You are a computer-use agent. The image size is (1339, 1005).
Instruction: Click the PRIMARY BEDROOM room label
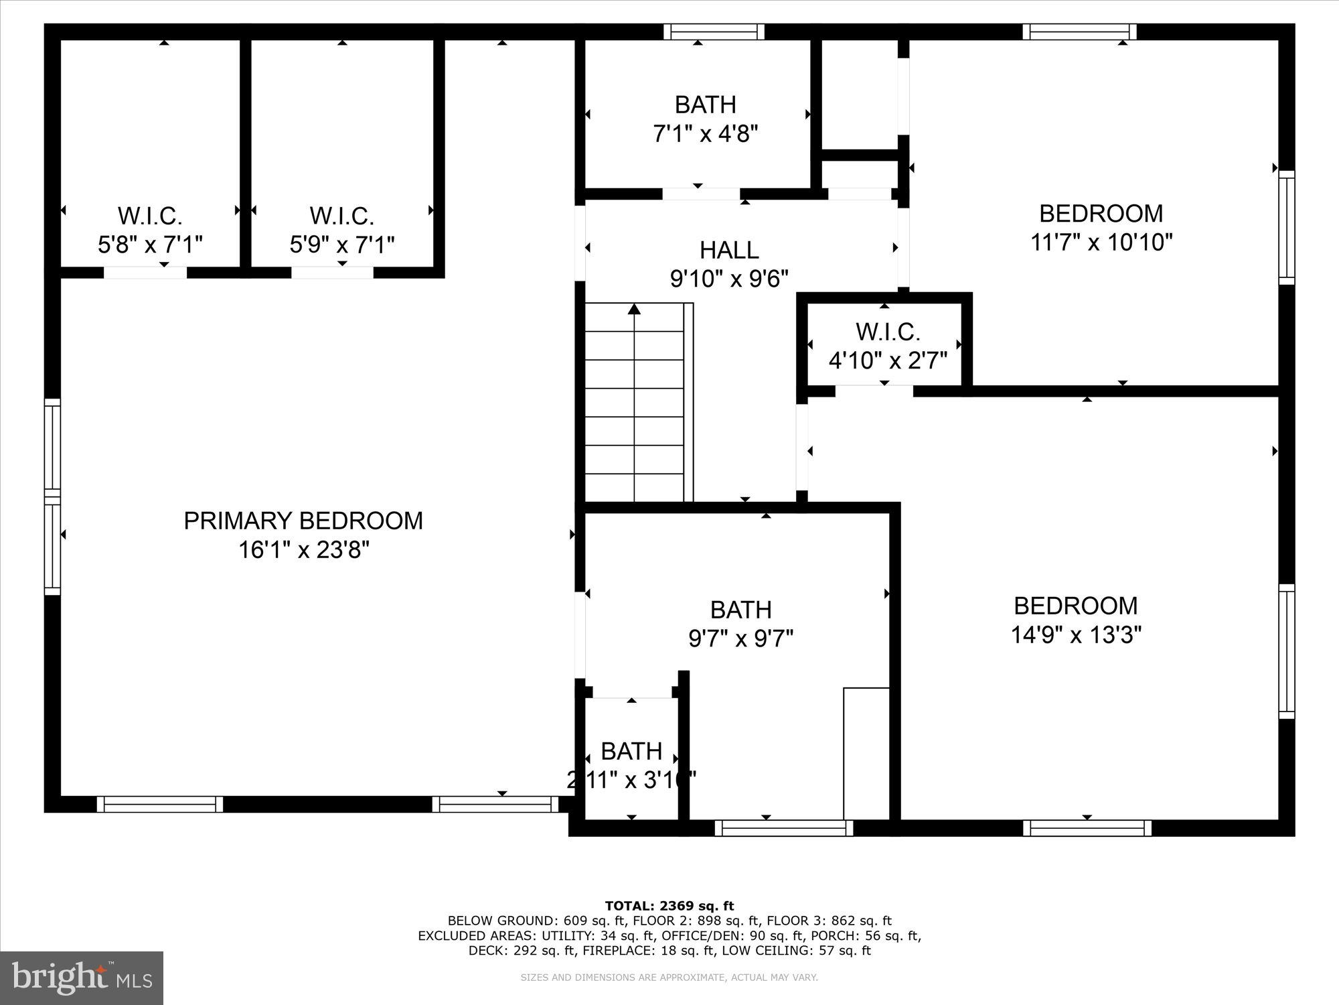pyautogui.click(x=303, y=521)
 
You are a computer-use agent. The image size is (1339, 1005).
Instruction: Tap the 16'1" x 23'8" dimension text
pyautogui.click(x=303, y=551)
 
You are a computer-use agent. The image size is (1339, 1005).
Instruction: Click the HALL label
pyautogui.click(x=729, y=251)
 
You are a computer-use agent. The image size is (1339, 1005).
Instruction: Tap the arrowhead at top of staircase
pyautogui.click(x=634, y=309)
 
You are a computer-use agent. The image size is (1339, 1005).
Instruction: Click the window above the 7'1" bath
pyautogui.click(x=714, y=31)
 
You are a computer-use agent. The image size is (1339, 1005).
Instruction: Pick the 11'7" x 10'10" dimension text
pyautogui.click(x=1101, y=243)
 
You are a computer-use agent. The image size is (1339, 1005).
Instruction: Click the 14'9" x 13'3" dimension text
pyautogui.click(x=1075, y=634)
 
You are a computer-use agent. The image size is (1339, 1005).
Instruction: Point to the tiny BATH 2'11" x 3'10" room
pyautogui.click(x=631, y=757)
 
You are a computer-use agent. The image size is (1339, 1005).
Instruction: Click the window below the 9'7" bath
pyautogui.click(x=784, y=828)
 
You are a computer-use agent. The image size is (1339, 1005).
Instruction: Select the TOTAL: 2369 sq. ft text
pyautogui.click(x=669, y=906)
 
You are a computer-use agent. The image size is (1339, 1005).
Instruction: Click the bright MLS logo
pyautogui.click(x=82, y=978)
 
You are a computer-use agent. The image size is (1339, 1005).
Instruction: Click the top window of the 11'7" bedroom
pyautogui.click(x=1079, y=31)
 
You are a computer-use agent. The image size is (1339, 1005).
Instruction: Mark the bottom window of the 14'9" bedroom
pyautogui.click(x=1087, y=828)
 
